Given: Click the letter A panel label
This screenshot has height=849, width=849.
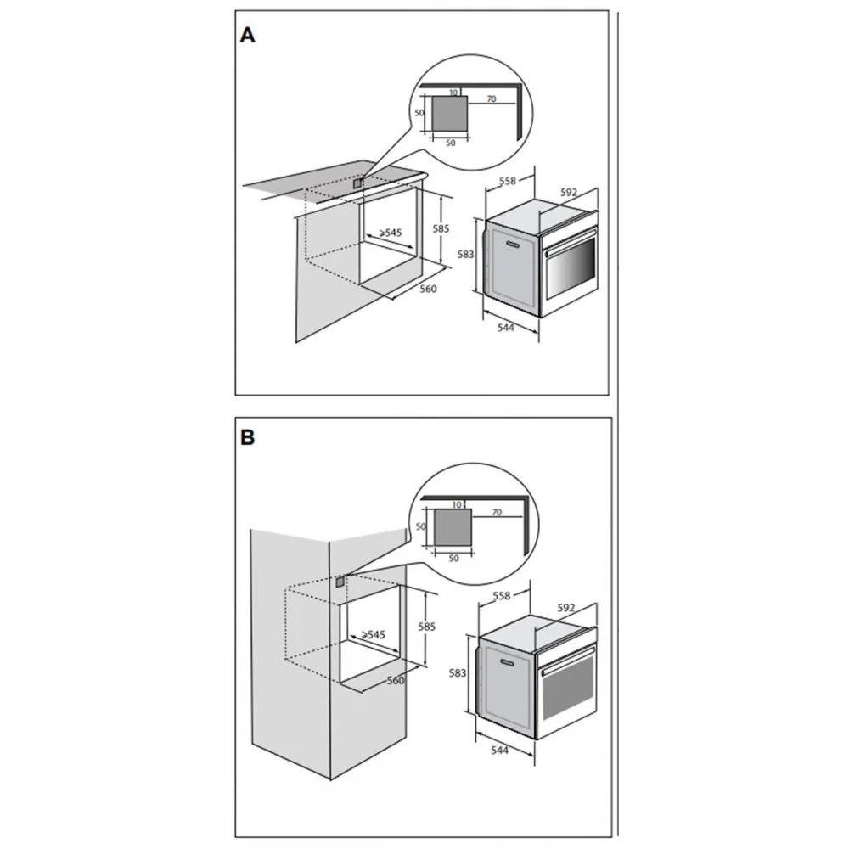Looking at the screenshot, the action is point(247,35).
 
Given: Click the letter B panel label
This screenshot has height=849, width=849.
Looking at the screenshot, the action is point(247,437).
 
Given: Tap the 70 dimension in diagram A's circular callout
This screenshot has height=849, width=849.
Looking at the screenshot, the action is point(491,98).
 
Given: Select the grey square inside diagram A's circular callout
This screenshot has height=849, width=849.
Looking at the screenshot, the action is point(449,114).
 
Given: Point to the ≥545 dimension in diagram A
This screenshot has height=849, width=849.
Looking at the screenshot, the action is point(391,233).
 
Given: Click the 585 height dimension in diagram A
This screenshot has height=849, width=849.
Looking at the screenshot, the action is point(441,228).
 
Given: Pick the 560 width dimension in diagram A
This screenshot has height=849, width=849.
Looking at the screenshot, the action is point(428,289).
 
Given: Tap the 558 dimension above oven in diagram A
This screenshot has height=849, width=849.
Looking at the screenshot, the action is point(508,181).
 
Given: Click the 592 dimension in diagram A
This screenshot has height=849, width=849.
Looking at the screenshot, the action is point(569,192).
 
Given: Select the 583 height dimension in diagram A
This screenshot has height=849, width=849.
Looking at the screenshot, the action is point(465,254).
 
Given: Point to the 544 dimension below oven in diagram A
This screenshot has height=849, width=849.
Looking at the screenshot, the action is point(505,327).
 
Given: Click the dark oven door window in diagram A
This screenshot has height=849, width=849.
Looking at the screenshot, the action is point(571,268).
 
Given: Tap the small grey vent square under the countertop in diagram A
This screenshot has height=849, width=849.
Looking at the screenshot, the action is point(357,183).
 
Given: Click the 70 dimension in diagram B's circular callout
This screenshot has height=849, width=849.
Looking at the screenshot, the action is point(497,512).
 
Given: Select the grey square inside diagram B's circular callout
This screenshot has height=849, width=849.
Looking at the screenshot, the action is point(453,527).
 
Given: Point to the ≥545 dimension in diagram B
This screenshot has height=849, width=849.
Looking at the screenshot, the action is point(373,634).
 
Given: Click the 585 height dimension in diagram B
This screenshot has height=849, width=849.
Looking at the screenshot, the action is point(427,627).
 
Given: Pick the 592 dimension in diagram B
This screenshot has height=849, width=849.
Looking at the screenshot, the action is point(565,608).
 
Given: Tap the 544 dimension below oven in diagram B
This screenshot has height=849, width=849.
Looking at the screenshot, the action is point(500,750).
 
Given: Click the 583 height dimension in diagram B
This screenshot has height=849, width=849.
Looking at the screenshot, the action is point(458,673).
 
